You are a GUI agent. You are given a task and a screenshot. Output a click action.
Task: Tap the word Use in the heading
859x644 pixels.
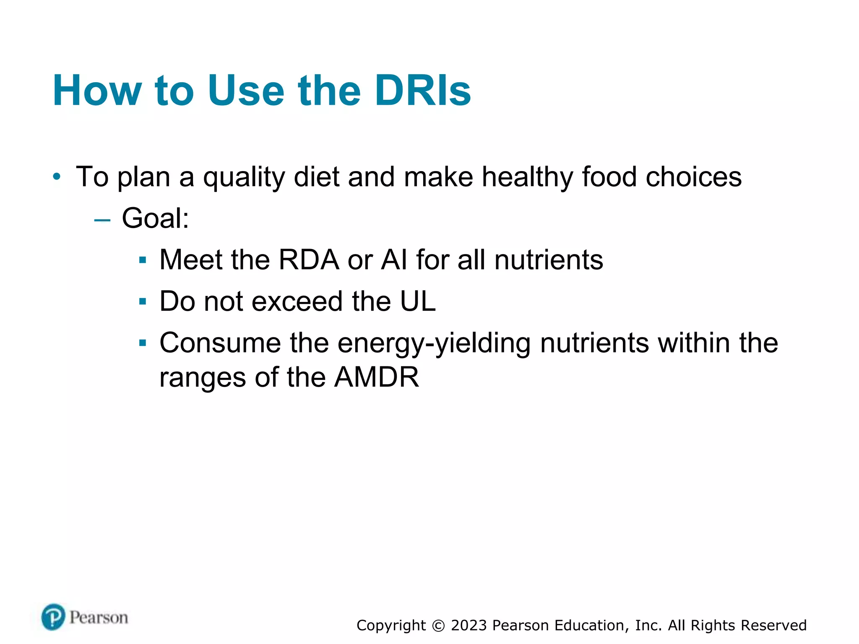246,91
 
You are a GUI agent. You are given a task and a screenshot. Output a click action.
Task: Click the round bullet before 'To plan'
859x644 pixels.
57,177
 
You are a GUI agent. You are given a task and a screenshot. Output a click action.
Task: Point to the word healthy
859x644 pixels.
527,177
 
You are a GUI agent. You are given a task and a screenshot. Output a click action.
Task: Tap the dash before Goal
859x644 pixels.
102,219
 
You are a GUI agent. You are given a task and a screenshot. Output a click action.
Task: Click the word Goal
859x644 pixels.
155,218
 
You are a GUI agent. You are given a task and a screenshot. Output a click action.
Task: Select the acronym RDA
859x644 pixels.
309,260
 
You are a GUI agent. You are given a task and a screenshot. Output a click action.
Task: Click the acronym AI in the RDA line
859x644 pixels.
394,260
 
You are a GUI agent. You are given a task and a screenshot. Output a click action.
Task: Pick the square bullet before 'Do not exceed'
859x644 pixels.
143,301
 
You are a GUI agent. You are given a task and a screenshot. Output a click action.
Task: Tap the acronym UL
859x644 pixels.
418,301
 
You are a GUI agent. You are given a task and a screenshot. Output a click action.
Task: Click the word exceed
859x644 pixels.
297,301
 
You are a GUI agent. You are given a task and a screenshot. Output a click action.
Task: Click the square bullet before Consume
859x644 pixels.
143,343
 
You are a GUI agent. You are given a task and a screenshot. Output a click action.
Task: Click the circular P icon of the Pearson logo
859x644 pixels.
53,617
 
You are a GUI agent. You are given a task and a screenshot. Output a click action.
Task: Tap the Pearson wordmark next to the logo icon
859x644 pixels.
99,618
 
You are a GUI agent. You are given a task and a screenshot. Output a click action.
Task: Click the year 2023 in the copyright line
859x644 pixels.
469,625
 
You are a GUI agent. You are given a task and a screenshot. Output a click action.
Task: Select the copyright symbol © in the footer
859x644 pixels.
438,626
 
